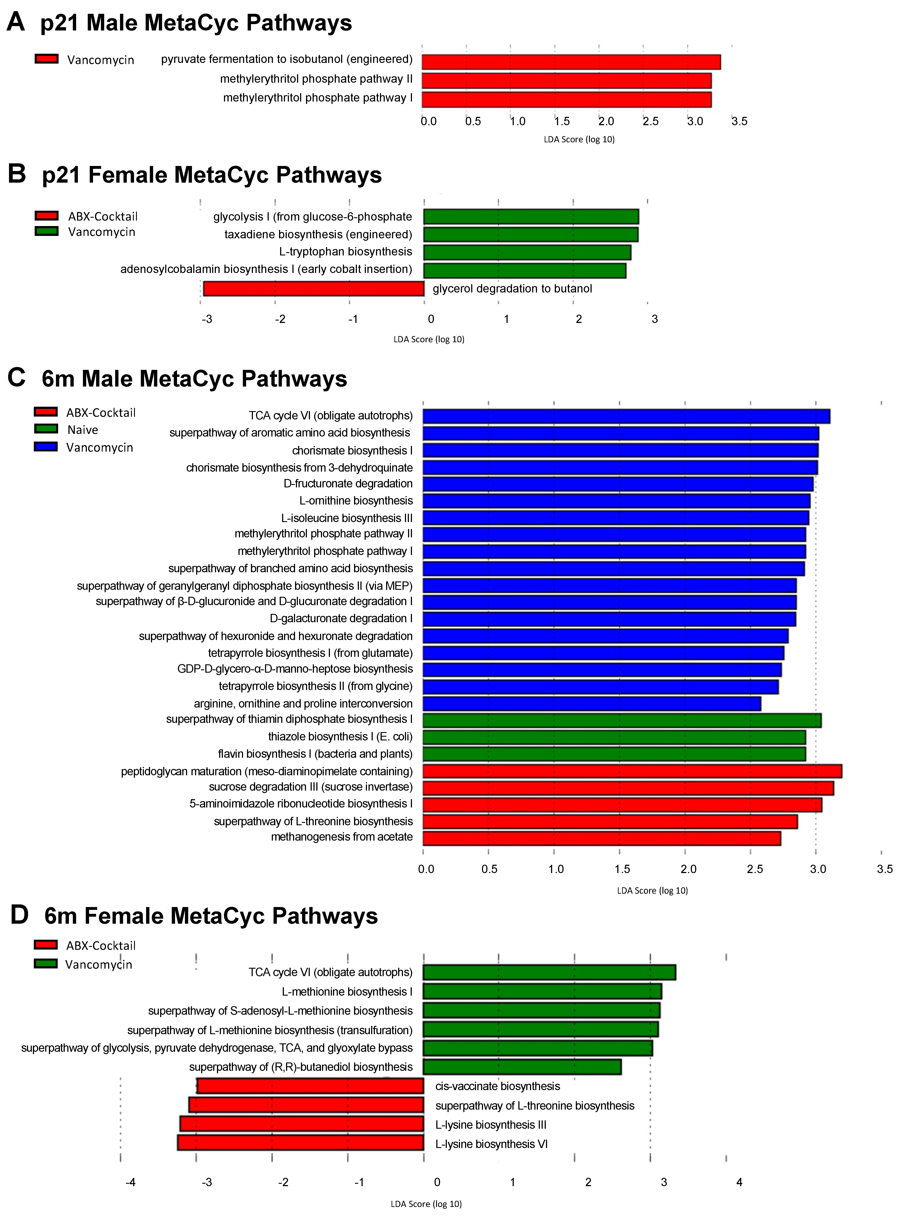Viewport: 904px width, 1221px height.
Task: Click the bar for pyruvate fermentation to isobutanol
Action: click(571, 62)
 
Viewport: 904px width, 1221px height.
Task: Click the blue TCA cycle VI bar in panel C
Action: click(626, 416)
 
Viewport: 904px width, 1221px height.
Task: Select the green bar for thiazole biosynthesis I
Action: click(614, 737)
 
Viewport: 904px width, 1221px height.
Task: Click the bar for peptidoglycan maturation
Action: click(632, 771)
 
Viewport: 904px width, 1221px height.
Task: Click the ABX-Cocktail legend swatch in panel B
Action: click(47, 216)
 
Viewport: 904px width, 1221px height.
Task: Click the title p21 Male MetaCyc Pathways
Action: click(196, 23)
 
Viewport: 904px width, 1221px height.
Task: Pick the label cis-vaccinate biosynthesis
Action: click(498, 1086)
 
